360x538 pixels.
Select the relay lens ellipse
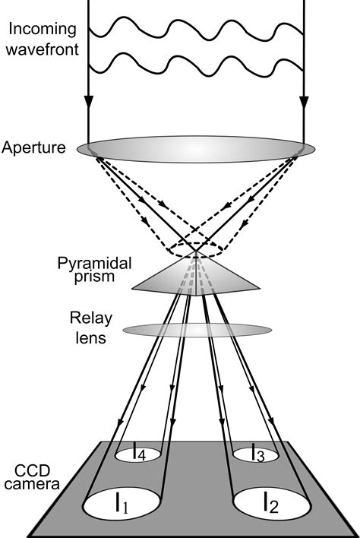click(197, 331)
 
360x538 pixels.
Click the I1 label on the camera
click(121, 503)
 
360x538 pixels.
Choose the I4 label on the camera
click(139, 454)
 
